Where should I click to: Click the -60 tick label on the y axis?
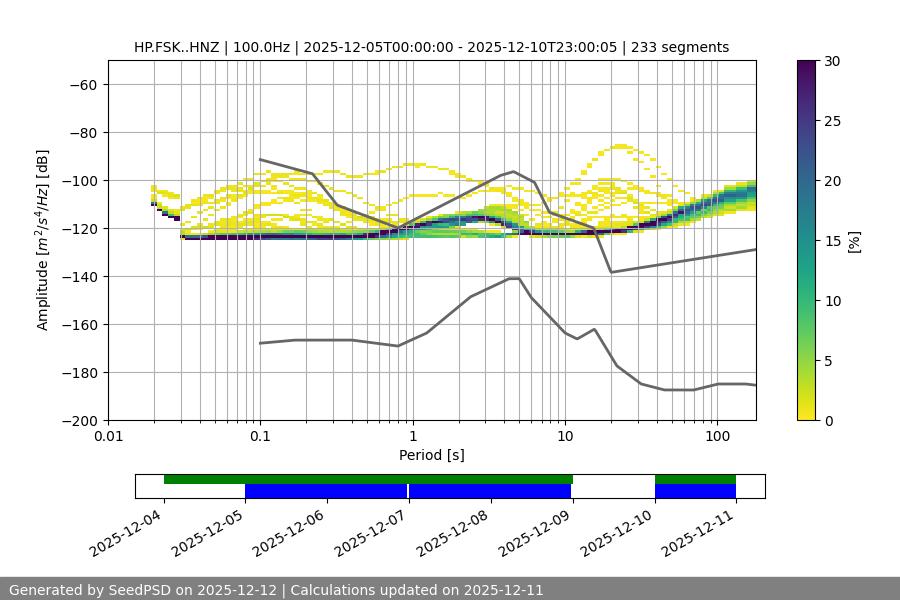click(83, 85)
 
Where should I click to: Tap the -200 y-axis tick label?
click(79, 421)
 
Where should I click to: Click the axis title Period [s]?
click(431, 456)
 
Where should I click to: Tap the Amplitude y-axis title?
click(43, 241)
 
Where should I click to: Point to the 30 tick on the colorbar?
click(833, 61)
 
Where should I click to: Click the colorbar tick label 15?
click(833, 241)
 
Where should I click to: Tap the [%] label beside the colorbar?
click(854, 241)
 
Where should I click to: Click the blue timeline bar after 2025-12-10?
click(695, 491)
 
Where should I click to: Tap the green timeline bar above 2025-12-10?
click(695, 479)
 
